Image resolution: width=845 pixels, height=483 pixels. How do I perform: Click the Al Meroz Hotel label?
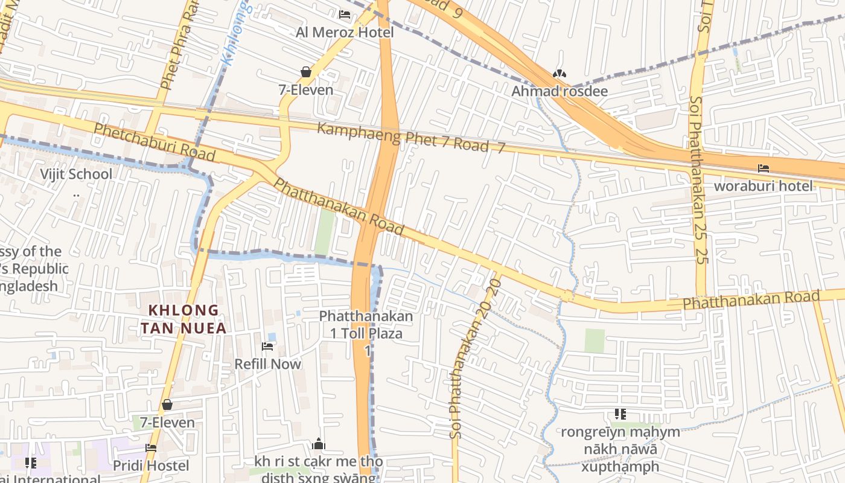[x=345, y=32]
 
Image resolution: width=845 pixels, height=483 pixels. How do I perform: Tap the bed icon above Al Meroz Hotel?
[x=345, y=14]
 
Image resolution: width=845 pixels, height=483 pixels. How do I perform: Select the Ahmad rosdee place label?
[x=560, y=91]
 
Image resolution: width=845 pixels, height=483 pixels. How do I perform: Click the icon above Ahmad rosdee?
[x=560, y=74]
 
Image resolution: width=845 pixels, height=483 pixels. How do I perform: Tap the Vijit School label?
[x=76, y=174]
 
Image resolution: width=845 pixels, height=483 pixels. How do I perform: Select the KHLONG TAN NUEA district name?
[x=183, y=319]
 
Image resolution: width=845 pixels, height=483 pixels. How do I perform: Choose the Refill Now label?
[x=267, y=364]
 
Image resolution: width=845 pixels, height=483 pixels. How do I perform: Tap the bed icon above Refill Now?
[x=267, y=347]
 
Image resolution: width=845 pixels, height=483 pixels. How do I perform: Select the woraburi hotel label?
[x=764, y=186]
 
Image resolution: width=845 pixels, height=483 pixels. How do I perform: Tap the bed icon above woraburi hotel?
[x=764, y=168]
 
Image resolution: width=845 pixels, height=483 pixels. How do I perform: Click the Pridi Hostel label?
[x=151, y=465]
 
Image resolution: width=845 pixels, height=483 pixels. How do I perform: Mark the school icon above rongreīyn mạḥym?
[x=620, y=414]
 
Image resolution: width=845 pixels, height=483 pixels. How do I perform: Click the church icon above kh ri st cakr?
[x=319, y=445]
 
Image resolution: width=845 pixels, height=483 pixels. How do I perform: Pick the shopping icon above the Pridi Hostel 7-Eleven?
[x=167, y=405]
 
